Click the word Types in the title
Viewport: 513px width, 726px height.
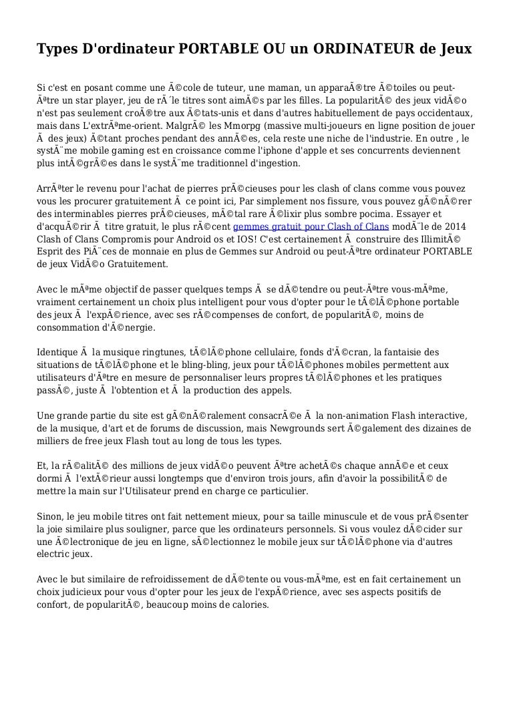click(55, 50)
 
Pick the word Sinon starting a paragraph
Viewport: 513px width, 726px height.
click(50, 516)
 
